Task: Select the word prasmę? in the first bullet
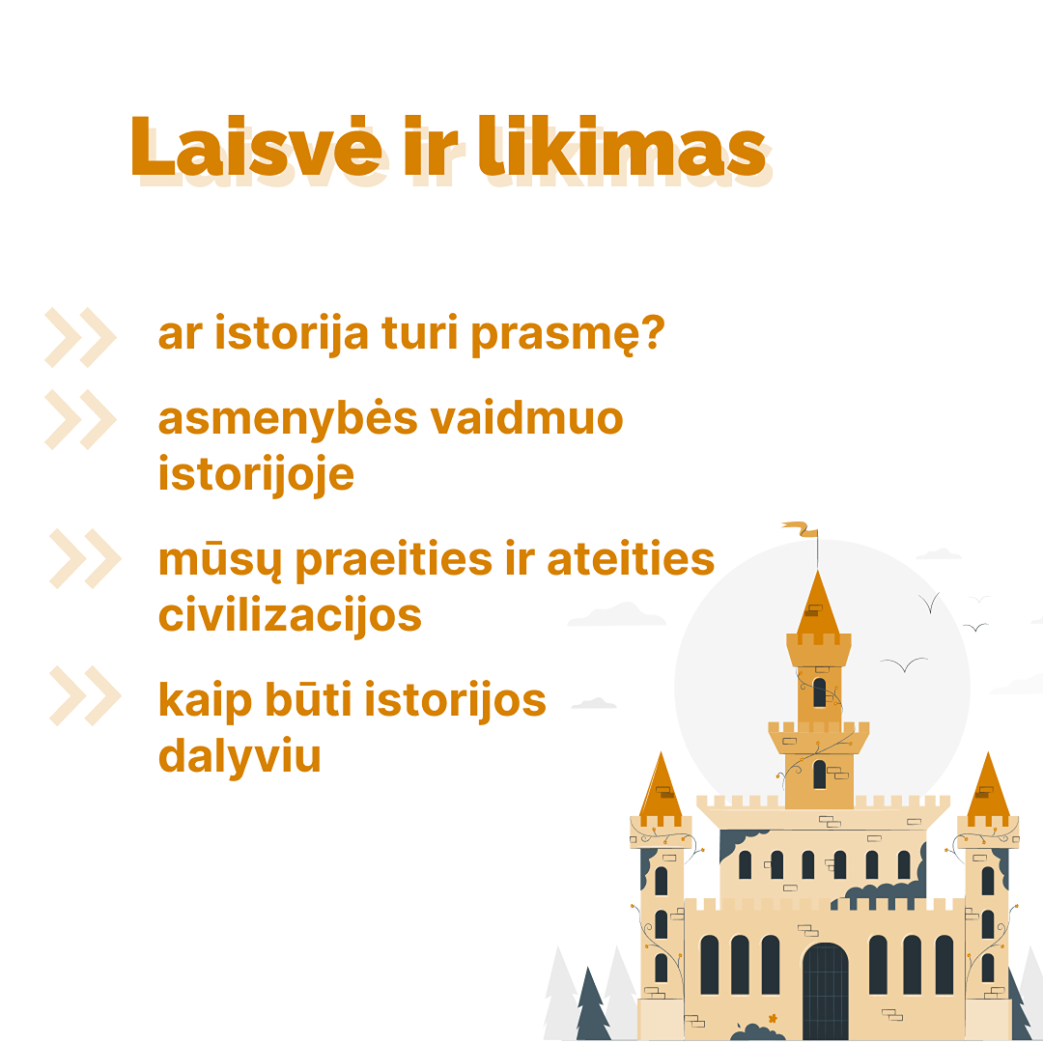568,335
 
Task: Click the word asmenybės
288,420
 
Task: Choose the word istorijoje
256,475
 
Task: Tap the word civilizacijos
290,616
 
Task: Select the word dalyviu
240,755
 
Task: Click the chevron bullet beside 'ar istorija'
80,337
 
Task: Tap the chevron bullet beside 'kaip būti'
85,695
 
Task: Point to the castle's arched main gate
825,991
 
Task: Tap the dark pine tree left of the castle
592,1003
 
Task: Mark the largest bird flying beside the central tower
904,664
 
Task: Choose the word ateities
631,559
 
